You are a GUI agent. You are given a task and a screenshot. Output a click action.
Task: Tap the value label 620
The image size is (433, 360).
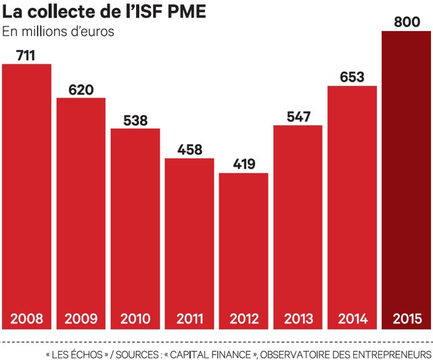81,89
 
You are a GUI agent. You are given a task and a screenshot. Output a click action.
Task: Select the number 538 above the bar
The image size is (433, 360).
135,120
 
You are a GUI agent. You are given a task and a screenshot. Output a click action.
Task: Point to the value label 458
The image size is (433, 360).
189,150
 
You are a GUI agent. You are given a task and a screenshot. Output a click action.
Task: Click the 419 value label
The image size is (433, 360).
244,164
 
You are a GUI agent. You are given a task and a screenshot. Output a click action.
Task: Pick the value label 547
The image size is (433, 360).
298,116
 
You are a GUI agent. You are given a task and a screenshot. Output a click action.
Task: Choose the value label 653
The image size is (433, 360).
352,77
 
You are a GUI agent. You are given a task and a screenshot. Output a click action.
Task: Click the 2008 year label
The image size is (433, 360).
27,317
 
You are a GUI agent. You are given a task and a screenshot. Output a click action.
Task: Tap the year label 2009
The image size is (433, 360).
81,317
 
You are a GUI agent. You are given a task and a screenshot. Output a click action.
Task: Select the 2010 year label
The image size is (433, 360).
135,317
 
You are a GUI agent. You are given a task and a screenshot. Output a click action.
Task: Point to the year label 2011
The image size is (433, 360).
189,317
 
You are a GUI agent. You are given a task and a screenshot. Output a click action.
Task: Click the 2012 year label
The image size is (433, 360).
244,317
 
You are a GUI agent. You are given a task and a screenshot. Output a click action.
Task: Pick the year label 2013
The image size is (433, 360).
298,317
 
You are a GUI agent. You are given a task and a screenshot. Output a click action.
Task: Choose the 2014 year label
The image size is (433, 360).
352,317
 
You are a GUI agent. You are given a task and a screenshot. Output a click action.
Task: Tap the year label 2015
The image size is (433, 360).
406,317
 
